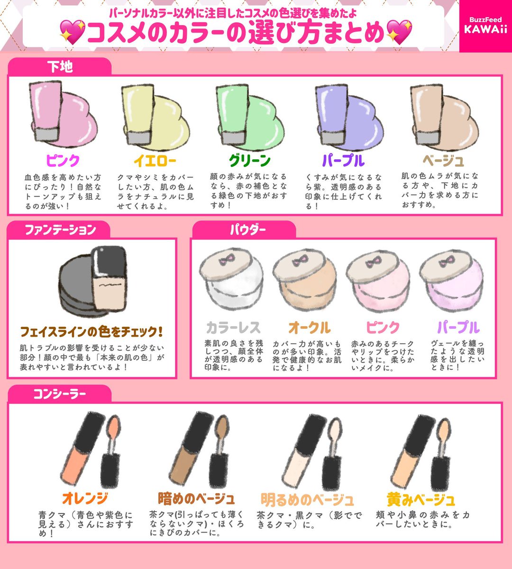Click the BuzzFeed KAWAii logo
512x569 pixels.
click(485, 26)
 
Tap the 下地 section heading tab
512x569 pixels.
click(60, 67)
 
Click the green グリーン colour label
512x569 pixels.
click(249, 161)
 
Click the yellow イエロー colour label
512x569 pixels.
click(155, 161)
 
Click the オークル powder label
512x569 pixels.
click(310, 328)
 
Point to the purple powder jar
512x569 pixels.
click(450, 282)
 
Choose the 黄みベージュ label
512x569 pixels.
click(421, 499)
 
